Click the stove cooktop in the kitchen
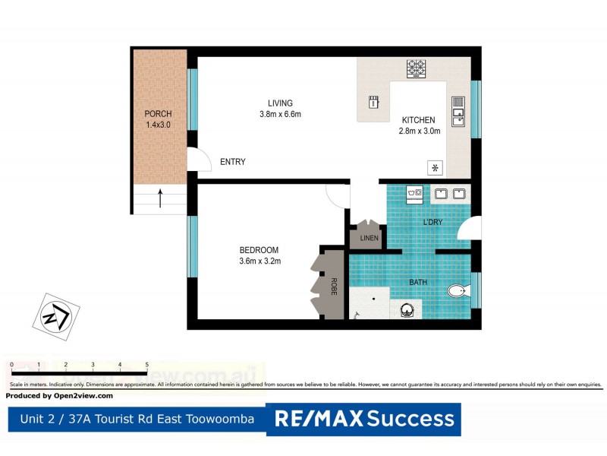click(417, 68)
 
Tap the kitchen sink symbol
click(458, 111)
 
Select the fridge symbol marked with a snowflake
click(436, 168)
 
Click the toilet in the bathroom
click(458, 290)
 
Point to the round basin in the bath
click(407, 309)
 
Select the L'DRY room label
click(432, 222)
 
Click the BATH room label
click(418, 282)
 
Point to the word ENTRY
click(232, 162)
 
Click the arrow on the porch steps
click(160, 199)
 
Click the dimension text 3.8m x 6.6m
click(279, 115)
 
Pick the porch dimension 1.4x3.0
click(158, 125)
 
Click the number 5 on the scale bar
click(146, 366)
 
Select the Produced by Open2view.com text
click(59, 396)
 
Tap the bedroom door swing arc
click(336, 196)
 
